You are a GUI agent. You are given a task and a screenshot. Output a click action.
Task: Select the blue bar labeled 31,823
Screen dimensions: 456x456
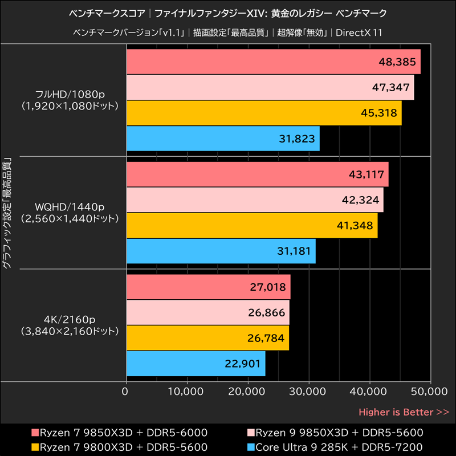coord(222,139)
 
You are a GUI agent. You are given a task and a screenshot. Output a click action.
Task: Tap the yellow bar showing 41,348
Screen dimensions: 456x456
coord(251,226)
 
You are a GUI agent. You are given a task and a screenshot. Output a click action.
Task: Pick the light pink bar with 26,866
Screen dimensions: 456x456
coord(207,312)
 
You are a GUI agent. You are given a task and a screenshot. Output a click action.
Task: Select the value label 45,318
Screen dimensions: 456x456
coord(378,113)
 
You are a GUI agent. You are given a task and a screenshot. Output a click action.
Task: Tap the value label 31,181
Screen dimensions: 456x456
coord(293,251)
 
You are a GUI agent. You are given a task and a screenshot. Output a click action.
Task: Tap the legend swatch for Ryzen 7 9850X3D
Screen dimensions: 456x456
coord(34,432)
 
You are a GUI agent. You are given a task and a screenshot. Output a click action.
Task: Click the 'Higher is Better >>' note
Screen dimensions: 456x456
coord(404,412)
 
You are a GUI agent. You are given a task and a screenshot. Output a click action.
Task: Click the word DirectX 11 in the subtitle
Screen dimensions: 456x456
coord(359,32)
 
